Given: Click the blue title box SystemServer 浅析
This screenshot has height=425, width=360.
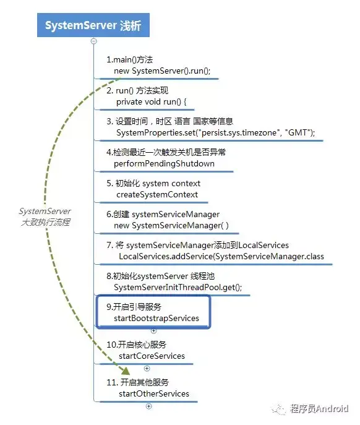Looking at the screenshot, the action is click(x=93, y=25).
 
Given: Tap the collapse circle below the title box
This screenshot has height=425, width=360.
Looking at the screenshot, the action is click(x=94, y=41).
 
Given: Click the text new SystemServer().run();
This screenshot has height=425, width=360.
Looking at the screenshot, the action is click(x=162, y=71).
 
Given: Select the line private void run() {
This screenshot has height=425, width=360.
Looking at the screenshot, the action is click(x=152, y=101).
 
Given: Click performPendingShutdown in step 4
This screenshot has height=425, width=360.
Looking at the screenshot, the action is click(x=164, y=163).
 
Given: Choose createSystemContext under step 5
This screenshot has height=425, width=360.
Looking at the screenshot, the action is click(x=157, y=194).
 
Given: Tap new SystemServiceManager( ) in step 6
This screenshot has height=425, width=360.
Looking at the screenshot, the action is click(x=171, y=225).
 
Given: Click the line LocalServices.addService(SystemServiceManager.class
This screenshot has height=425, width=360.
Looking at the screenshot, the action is click(x=221, y=256).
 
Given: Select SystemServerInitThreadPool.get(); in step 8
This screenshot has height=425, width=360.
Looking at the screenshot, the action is click(x=178, y=287).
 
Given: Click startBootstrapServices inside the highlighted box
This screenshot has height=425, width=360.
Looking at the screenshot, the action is click(x=156, y=318).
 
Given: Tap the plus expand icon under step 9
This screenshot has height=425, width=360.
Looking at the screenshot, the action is click(x=153, y=331).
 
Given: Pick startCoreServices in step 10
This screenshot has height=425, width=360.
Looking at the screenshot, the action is click(x=152, y=356).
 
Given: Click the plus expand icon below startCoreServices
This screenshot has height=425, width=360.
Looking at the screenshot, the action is click(x=147, y=369).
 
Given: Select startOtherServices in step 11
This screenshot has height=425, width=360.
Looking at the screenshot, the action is click(x=154, y=393).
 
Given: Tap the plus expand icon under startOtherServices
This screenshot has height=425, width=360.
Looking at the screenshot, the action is click(x=149, y=406).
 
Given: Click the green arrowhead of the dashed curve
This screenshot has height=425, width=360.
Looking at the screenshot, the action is click(x=125, y=371).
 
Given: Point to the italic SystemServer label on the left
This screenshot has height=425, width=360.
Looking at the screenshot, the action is click(x=45, y=211).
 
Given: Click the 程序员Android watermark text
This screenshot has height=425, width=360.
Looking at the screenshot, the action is click(x=319, y=408).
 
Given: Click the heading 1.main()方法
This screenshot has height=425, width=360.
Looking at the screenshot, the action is click(x=129, y=59).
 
